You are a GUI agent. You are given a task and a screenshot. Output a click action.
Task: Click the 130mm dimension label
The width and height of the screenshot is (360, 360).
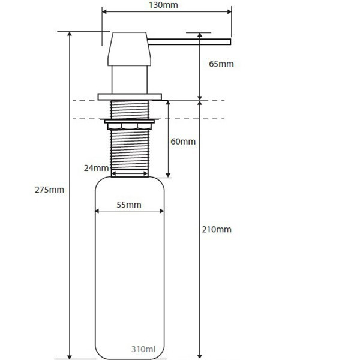tap(163, 5)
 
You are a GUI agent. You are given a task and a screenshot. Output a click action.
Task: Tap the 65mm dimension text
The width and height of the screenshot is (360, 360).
tap(221, 64)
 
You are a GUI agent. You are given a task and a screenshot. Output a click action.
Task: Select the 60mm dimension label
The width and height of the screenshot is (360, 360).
tap(183, 142)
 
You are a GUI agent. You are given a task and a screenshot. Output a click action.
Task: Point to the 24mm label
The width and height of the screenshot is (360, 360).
tap(96, 168)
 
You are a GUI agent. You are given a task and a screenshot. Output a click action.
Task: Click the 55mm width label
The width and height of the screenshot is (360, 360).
tap(129, 205)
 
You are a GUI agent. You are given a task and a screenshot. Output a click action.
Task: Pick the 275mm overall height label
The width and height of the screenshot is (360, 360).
tap(49, 190)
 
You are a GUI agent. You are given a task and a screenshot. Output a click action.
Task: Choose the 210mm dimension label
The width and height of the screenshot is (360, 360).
tap(217, 229)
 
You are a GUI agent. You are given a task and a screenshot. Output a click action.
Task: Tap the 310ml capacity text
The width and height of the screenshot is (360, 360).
tap(143, 349)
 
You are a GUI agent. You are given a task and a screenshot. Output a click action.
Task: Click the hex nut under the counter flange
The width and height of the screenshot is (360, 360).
tap(130, 126)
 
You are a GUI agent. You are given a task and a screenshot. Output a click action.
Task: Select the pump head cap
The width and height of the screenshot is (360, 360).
tap(129, 49)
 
